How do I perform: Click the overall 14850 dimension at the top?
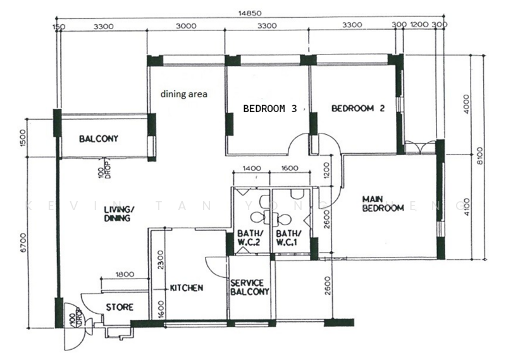tap(250, 13)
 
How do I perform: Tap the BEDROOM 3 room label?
tap(270, 108)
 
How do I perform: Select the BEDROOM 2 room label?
tap(358, 108)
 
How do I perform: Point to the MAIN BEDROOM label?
tap(383, 204)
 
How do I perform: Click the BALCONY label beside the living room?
tap(99, 139)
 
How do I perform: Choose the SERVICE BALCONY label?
tap(249, 287)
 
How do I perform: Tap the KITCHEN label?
tap(187, 288)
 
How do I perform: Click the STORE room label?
tap(120, 307)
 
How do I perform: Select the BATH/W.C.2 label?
tap(249, 238)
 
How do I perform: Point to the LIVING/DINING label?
tap(117, 214)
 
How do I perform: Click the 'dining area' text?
tap(184, 94)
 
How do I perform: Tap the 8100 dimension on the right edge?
tap(480, 156)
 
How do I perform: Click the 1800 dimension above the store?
tap(125, 275)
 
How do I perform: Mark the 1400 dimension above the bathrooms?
tap(252, 168)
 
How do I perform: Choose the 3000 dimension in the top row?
tap(186, 26)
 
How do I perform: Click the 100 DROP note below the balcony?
tap(105, 168)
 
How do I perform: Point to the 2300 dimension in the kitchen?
tap(161, 260)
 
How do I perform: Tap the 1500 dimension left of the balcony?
tap(23, 138)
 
